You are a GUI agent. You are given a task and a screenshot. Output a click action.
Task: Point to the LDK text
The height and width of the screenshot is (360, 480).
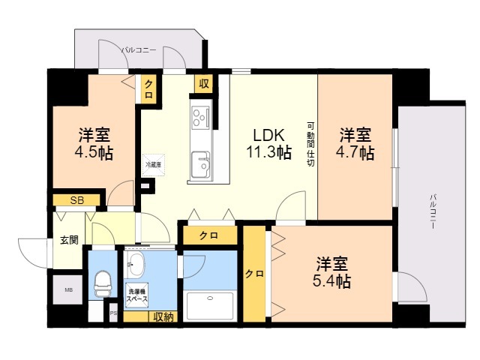(x=268, y=136)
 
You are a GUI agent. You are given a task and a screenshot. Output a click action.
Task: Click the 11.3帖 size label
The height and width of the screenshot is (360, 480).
(x=268, y=152)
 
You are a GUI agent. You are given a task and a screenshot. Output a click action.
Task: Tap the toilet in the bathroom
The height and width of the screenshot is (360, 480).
(x=100, y=284)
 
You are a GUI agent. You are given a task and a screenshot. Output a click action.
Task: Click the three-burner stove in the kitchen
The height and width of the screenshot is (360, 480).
(x=202, y=118)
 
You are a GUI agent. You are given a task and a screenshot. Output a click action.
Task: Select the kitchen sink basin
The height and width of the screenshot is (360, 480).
(x=200, y=161)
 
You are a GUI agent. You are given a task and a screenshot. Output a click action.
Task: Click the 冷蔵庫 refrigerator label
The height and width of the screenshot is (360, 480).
(x=153, y=163)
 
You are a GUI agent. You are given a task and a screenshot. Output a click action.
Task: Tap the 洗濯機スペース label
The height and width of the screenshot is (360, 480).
(x=136, y=295)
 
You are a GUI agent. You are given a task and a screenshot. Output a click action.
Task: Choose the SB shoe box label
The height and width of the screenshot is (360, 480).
(x=76, y=200)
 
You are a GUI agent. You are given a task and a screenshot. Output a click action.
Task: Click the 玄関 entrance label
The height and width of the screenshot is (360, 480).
(x=69, y=241)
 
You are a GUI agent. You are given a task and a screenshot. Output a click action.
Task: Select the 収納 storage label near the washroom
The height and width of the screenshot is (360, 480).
(x=163, y=317)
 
